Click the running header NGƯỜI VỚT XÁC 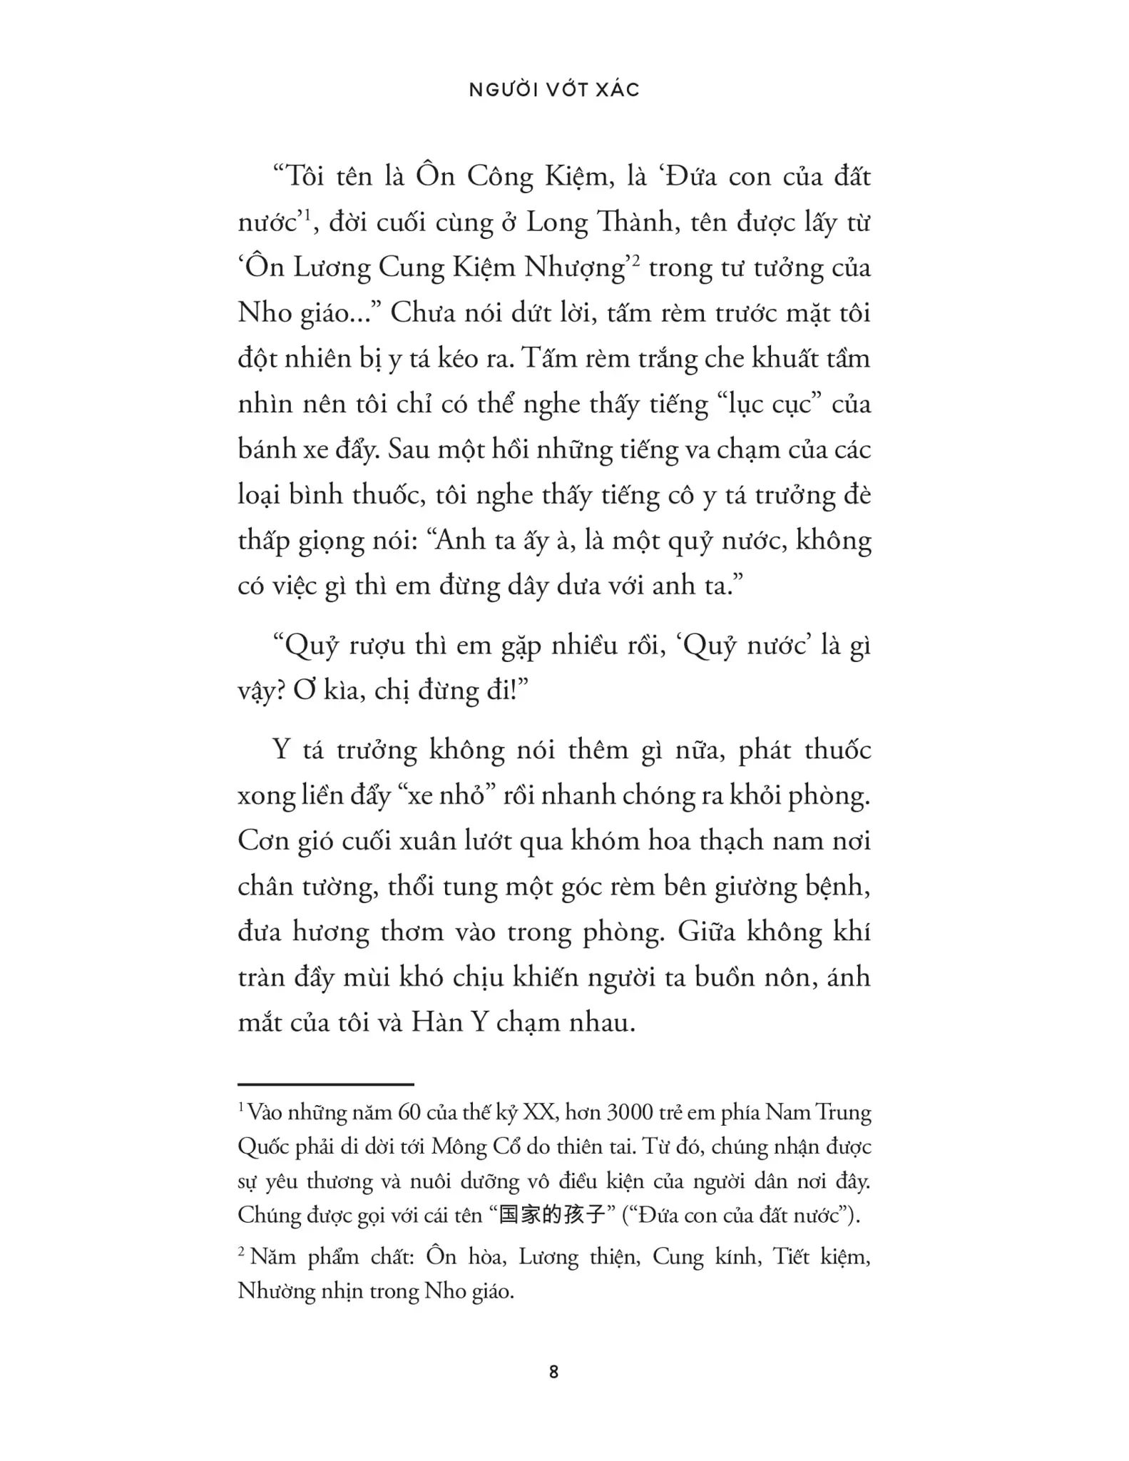click(554, 90)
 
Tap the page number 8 click(554, 1371)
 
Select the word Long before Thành click(557, 223)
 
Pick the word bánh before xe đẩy click(267, 449)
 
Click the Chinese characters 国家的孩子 click(552, 1214)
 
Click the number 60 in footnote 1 click(410, 1113)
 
